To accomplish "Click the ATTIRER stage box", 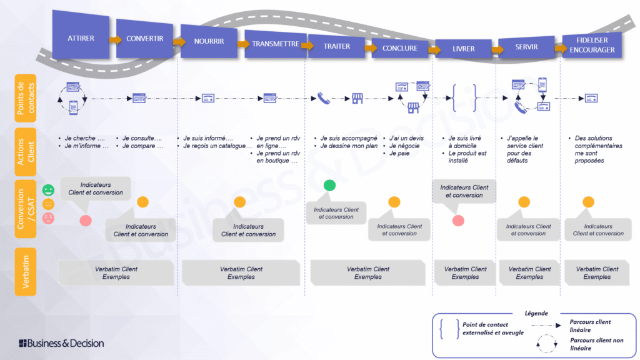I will pos(81,38).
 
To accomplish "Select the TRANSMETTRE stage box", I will pos(274,44).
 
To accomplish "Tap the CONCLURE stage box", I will pos(400,48).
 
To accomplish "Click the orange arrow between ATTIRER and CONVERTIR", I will pos(115,39).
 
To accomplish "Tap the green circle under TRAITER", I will pos(329,186).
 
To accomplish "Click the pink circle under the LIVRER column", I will pos(458,220).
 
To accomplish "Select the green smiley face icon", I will pos(48,189).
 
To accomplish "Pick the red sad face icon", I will pos(48,218).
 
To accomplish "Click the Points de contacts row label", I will pos(26,98).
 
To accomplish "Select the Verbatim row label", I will pos(26,271).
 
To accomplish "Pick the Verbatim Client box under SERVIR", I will pos(529,273).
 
